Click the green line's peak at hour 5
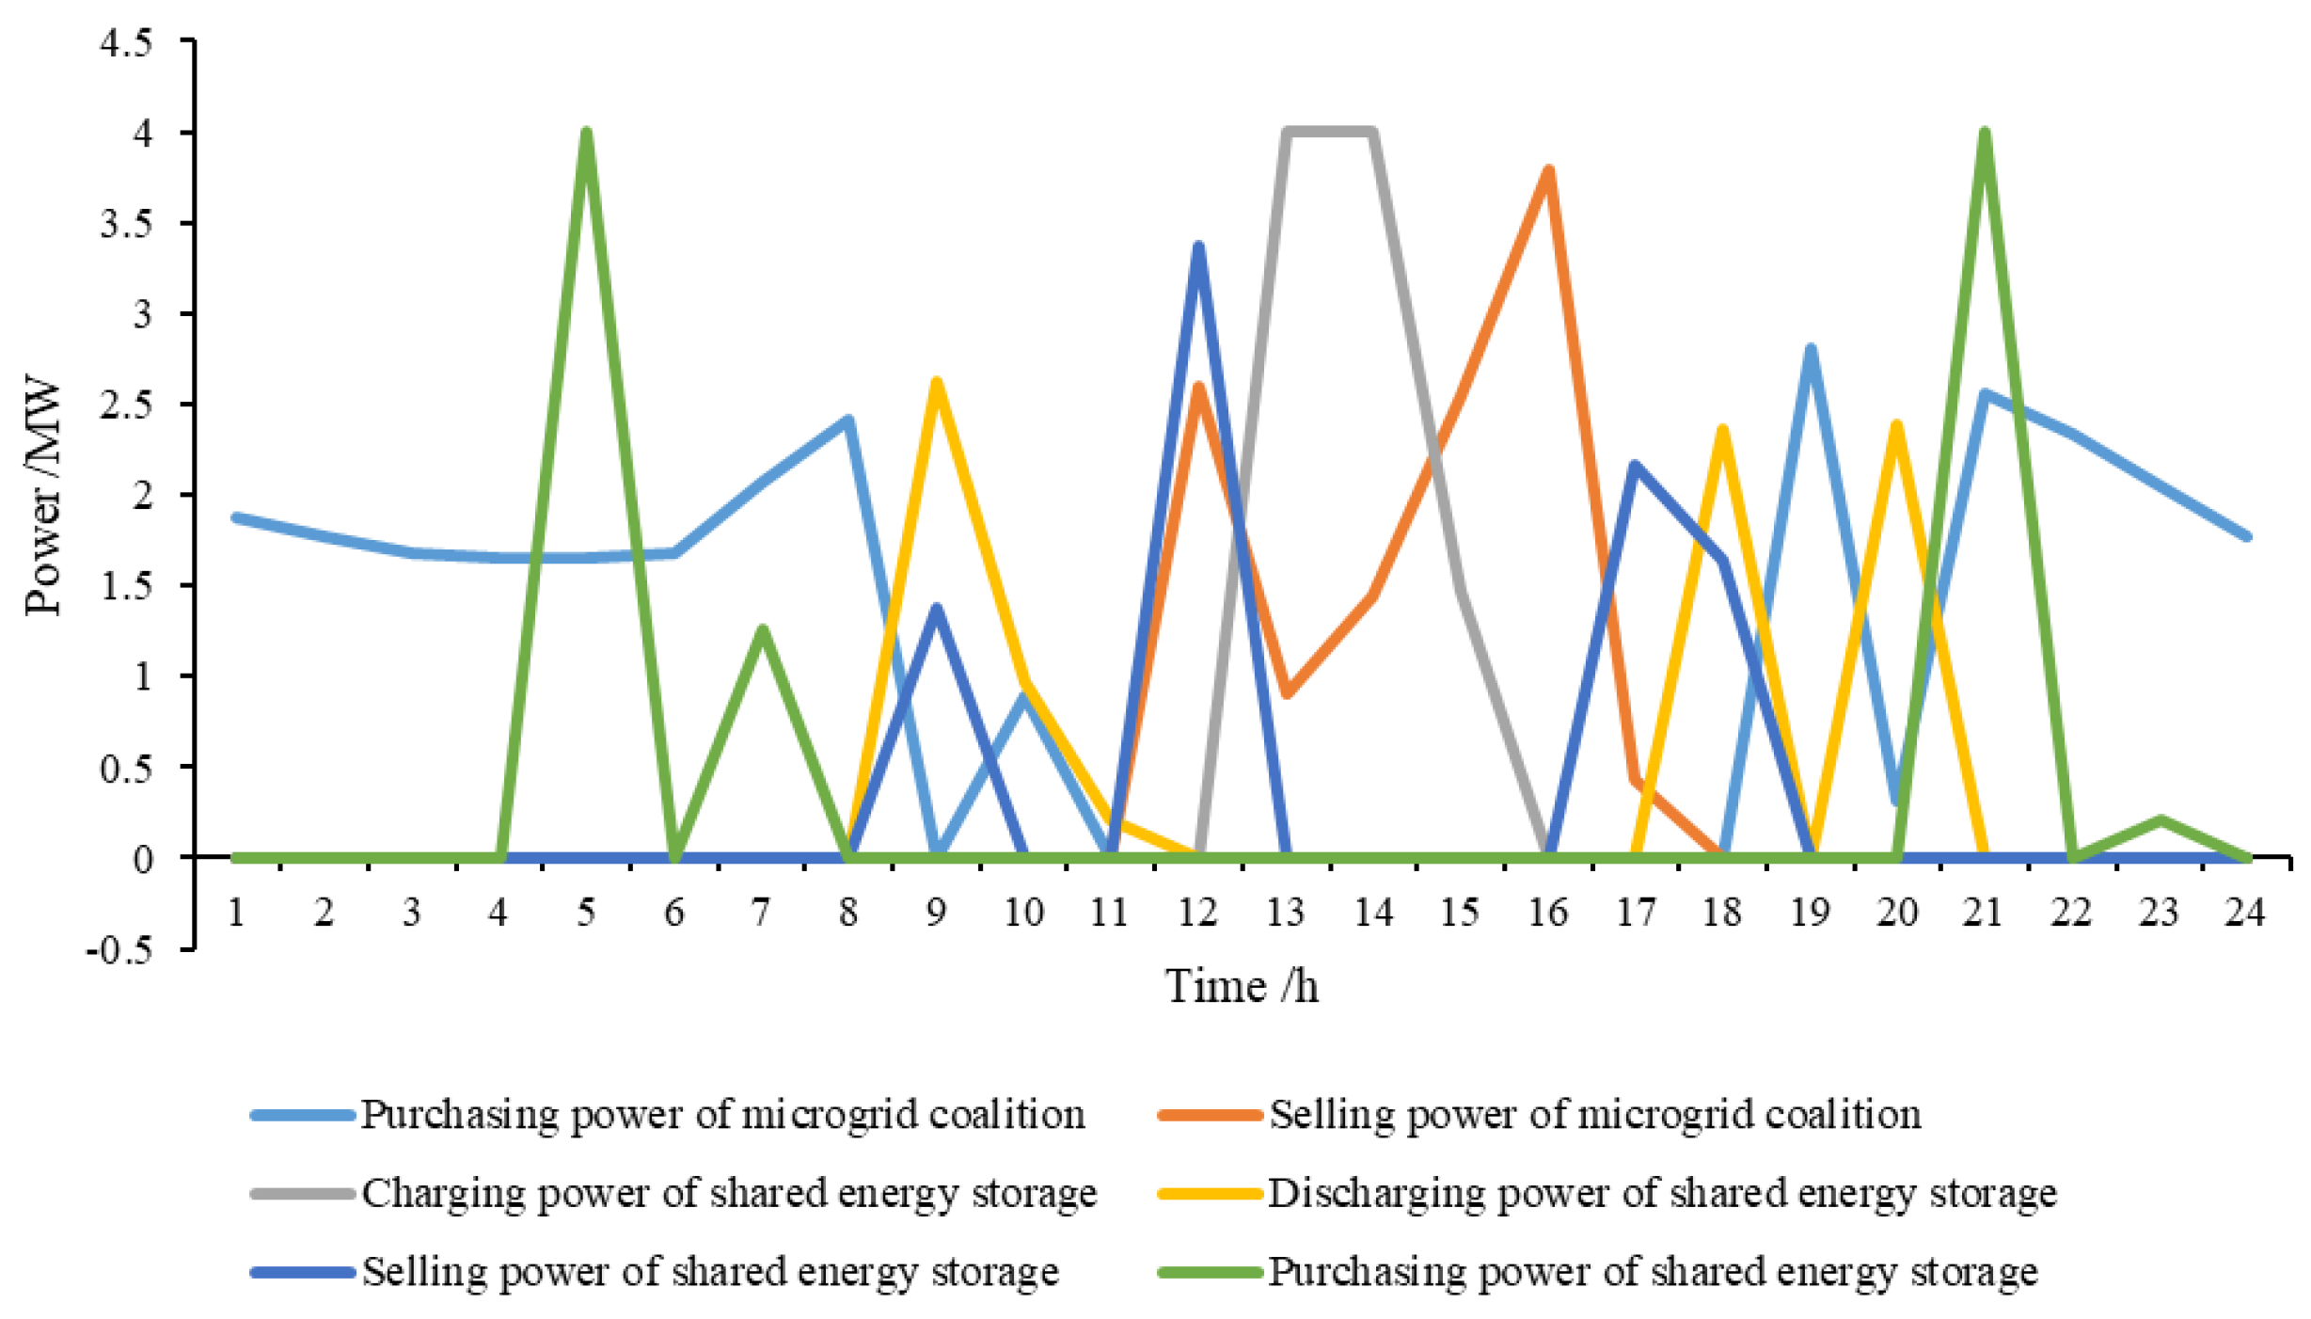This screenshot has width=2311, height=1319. pyautogui.click(x=586, y=135)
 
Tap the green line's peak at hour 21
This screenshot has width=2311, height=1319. pyautogui.click(x=1985, y=135)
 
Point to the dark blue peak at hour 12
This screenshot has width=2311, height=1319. pyautogui.click(x=1198, y=246)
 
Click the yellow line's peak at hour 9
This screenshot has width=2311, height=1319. pyautogui.click(x=936, y=382)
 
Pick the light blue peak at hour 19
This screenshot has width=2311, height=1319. pyautogui.click(x=1810, y=349)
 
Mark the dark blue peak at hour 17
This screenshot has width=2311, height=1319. pyautogui.click(x=1635, y=466)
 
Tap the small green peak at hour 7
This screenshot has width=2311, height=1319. pyautogui.click(x=762, y=629)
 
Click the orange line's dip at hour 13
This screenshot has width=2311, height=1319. pyautogui.click(x=1286, y=694)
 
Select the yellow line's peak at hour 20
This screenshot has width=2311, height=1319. pyautogui.click(x=1896, y=425)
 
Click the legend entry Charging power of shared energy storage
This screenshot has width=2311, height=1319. pyautogui.click(x=729, y=1193)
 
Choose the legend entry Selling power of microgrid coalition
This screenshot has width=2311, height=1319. pyautogui.click(x=1594, y=1114)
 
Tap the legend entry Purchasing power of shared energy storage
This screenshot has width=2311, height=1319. pyautogui.click(x=1653, y=1272)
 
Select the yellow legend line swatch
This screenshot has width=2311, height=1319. pyautogui.click(x=1209, y=1194)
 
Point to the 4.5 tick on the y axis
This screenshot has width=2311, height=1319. pyautogui.click(x=126, y=42)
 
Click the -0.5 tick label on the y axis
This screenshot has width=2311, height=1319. pyautogui.click(x=119, y=949)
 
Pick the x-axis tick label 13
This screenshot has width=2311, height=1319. pyautogui.click(x=1285, y=912)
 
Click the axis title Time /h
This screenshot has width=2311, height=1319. pyautogui.click(x=1242, y=987)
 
